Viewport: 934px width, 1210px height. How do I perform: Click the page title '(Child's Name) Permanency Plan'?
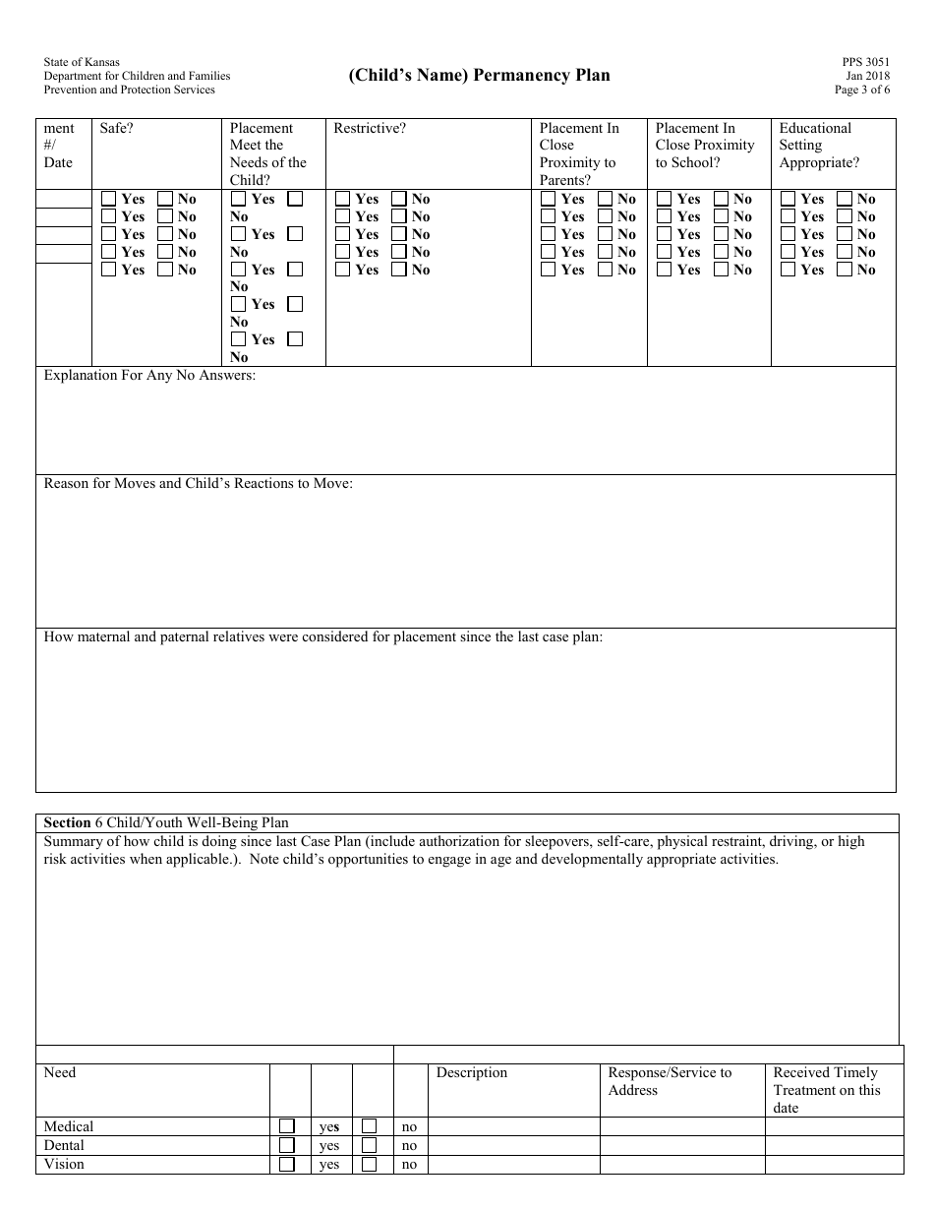pyautogui.click(x=479, y=76)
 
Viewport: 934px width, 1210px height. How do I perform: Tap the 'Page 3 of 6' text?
pyautogui.click(x=862, y=90)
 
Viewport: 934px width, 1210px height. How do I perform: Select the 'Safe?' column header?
pyautogui.click(x=117, y=128)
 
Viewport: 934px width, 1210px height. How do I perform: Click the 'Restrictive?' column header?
pyautogui.click(x=370, y=128)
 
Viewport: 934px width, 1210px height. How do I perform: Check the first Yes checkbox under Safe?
pyautogui.click(x=109, y=199)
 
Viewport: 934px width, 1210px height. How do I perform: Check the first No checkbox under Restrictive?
pyautogui.click(x=399, y=199)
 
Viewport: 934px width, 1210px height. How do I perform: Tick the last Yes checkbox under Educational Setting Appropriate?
pyautogui.click(x=788, y=270)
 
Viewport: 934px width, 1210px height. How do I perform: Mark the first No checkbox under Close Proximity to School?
pyautogui.click(x=721, y=199)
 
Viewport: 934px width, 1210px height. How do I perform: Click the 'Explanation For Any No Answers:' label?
pyautogui.click(x=149, y=376)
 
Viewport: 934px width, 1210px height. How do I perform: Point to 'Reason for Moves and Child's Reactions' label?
pyautogui.click(x=198, y=484)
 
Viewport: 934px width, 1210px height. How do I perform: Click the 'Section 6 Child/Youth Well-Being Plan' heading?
pyautogui.click(x=166, y=822)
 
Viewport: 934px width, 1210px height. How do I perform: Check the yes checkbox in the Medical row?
pyautogui.click(x=287, y=1126)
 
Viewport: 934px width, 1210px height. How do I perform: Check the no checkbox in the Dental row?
pyautogui.click(x=370, y=1145)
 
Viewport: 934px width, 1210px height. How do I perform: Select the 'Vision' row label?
pyautogui.click(x=64, y=1164)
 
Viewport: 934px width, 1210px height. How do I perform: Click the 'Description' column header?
pyautogui.click(x=472, y=1072)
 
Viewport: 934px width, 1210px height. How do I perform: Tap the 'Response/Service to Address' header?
pyautogui.click(x=670, y=1081)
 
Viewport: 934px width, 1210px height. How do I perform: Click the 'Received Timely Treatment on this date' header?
pyautogui.click(x=827, y=1090)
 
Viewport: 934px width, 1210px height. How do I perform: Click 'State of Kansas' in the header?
pyautogui.click(x=82, y=62)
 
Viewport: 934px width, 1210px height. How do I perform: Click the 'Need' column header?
pyautogui.click(x=60, y=1072)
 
